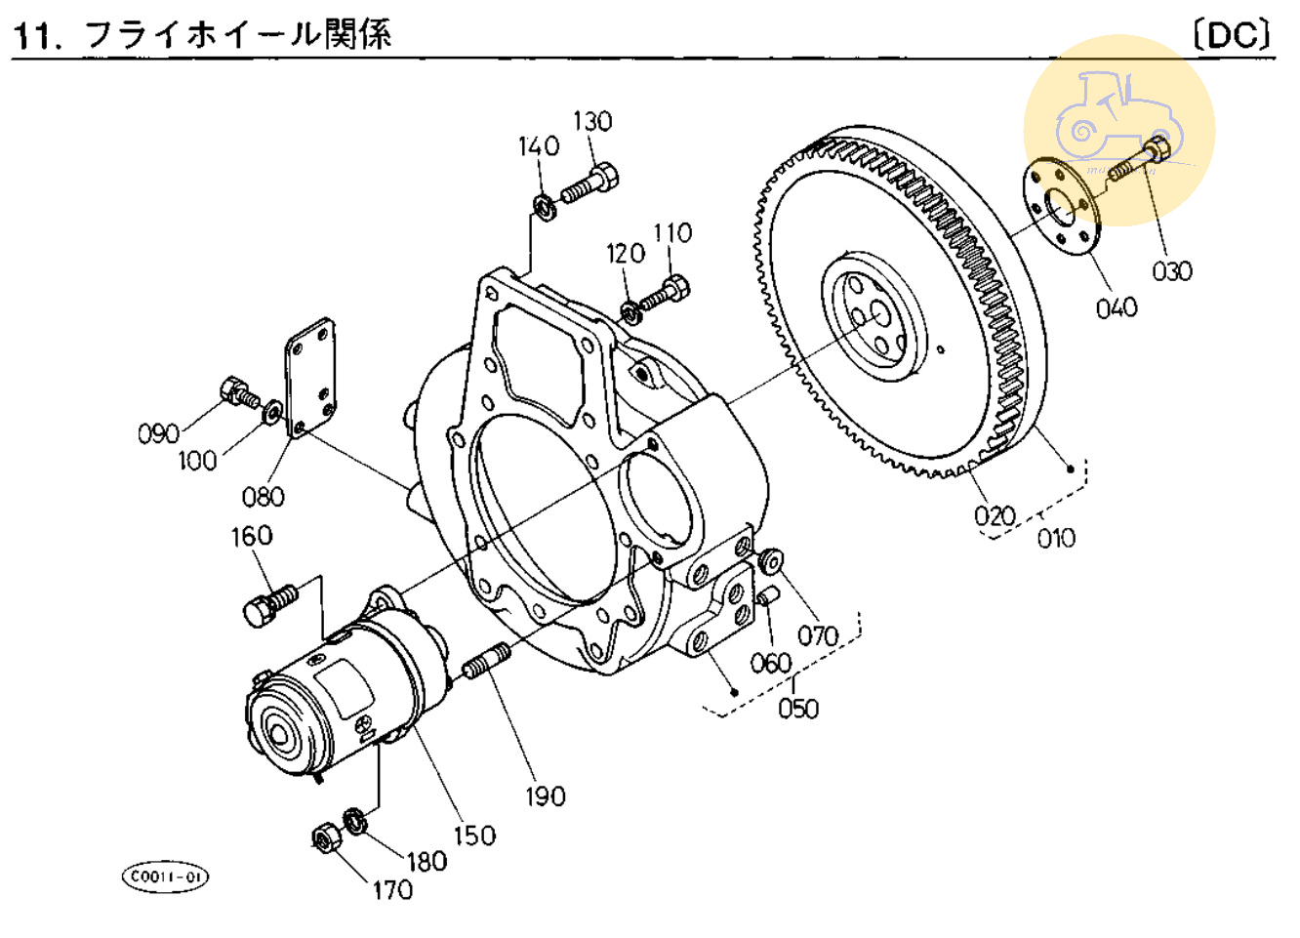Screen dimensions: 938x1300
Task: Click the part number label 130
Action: tap(592, 121)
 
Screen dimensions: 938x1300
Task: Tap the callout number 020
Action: tap(995, 515)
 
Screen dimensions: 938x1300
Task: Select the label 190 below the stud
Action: tap(545, 796)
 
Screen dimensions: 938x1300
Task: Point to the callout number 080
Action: tap(263, 497)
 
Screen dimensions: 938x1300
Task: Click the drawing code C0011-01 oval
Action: tap(165, 877)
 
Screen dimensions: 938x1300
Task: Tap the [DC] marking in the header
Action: tap(1233, 35)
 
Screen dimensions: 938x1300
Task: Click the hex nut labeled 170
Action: tap(324, 838)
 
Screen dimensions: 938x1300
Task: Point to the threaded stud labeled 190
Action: tap(485, 662)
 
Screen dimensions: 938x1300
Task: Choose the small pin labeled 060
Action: tap(767, 596)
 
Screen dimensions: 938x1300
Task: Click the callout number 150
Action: tap(473, 836)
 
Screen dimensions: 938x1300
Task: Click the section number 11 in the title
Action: tap(32, 35)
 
